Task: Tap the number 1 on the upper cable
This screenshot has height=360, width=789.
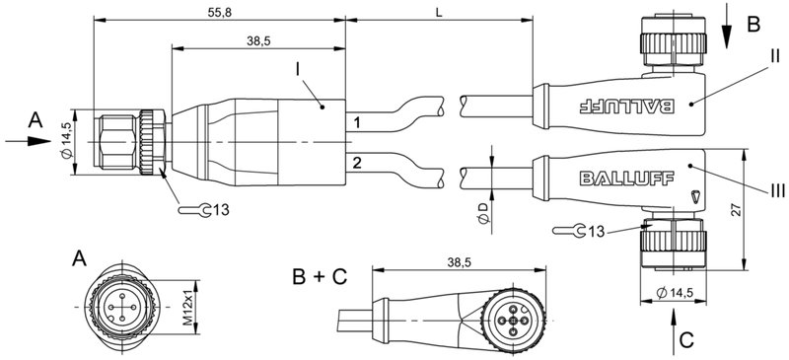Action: [x=357, y=121]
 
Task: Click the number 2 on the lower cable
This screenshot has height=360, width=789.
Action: [x=357, y=160]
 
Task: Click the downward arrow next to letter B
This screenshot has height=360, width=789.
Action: [x=727, y=27]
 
